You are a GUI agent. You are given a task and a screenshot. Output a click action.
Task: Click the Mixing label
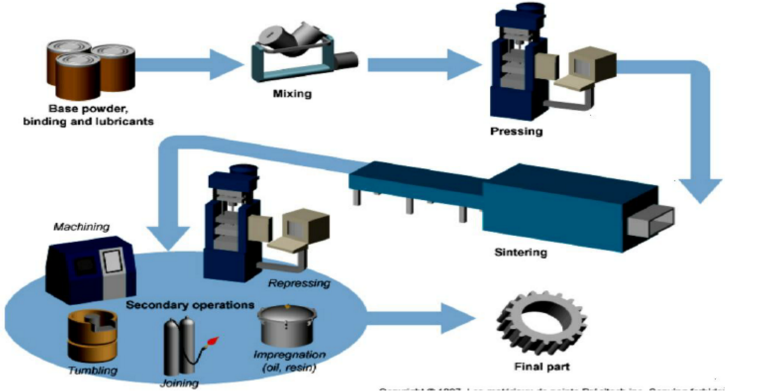293,94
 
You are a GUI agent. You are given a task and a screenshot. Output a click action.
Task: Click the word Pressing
517,132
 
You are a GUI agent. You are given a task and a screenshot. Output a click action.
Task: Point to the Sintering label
520,252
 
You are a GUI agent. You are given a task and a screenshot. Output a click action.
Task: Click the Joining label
179,384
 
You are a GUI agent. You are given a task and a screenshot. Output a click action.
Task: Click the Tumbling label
94,371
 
